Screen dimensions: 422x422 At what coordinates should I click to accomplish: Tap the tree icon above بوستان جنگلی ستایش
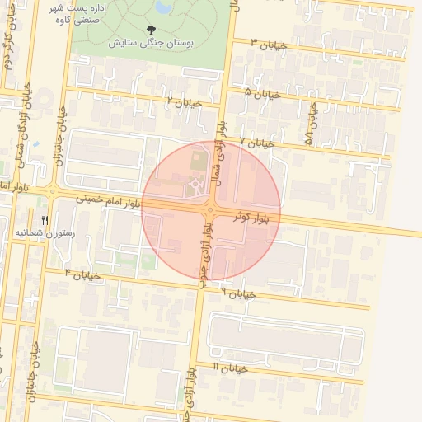point(149,29)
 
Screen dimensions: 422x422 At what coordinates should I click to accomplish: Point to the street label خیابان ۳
point(269,44)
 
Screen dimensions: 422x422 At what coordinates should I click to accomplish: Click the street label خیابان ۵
point(264,93)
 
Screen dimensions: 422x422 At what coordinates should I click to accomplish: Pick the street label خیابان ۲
point(184,102)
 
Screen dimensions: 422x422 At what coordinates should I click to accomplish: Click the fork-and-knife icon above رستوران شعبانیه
point(45,220)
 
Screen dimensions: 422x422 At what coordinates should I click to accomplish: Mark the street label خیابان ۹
point(239,293)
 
